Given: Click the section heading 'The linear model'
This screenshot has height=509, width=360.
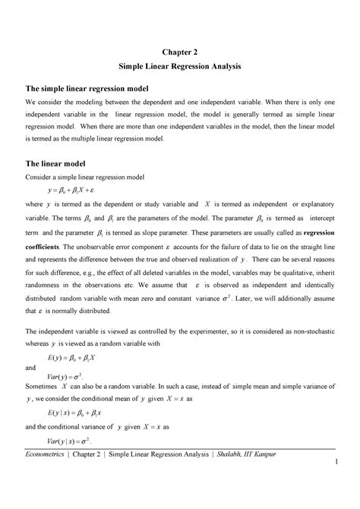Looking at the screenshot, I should (x=56, y=163).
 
